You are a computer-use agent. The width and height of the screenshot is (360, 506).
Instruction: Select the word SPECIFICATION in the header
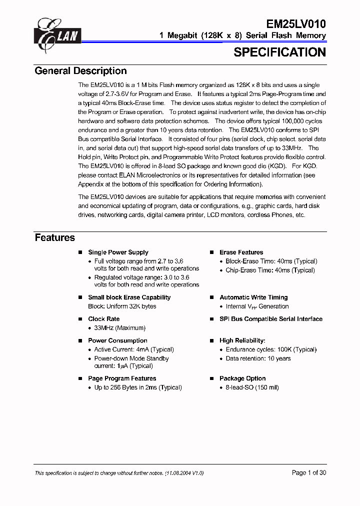(x=279, y=52)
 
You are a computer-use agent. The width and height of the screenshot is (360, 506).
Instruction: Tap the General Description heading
(x=80, y=71)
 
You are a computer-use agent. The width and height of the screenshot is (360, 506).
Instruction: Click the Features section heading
(x=54, y=237)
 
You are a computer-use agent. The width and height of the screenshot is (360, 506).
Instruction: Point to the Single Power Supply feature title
(x=118, y=252)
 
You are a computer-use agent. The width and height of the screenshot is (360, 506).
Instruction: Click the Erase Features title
(x=241, y=252)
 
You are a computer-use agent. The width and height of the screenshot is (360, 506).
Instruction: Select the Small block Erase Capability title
(x=129, y=297)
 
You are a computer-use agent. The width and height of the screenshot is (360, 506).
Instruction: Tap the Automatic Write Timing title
(x=253, y=297)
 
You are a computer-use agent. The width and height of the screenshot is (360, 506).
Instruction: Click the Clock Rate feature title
(x=103, y=319)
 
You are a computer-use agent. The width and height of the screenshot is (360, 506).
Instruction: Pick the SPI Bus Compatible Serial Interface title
(x=270, y=319)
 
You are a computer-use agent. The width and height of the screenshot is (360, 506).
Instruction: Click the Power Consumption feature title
(x=118, y=340)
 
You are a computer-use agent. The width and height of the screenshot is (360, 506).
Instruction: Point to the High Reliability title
(x=242, y=340)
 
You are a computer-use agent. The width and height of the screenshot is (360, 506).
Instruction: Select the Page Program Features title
(x=122, y=378)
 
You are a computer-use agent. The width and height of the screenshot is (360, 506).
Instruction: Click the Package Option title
(x=242, y=378)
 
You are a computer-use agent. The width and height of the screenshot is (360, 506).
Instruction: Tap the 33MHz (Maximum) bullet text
(x=120, y=328)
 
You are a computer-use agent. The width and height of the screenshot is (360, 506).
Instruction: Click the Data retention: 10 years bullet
(x=258, y=358)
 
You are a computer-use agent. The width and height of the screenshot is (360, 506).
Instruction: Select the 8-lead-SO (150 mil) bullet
(x=252, y=387)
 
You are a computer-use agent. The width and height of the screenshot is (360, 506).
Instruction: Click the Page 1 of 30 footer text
(x=308, y=472)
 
